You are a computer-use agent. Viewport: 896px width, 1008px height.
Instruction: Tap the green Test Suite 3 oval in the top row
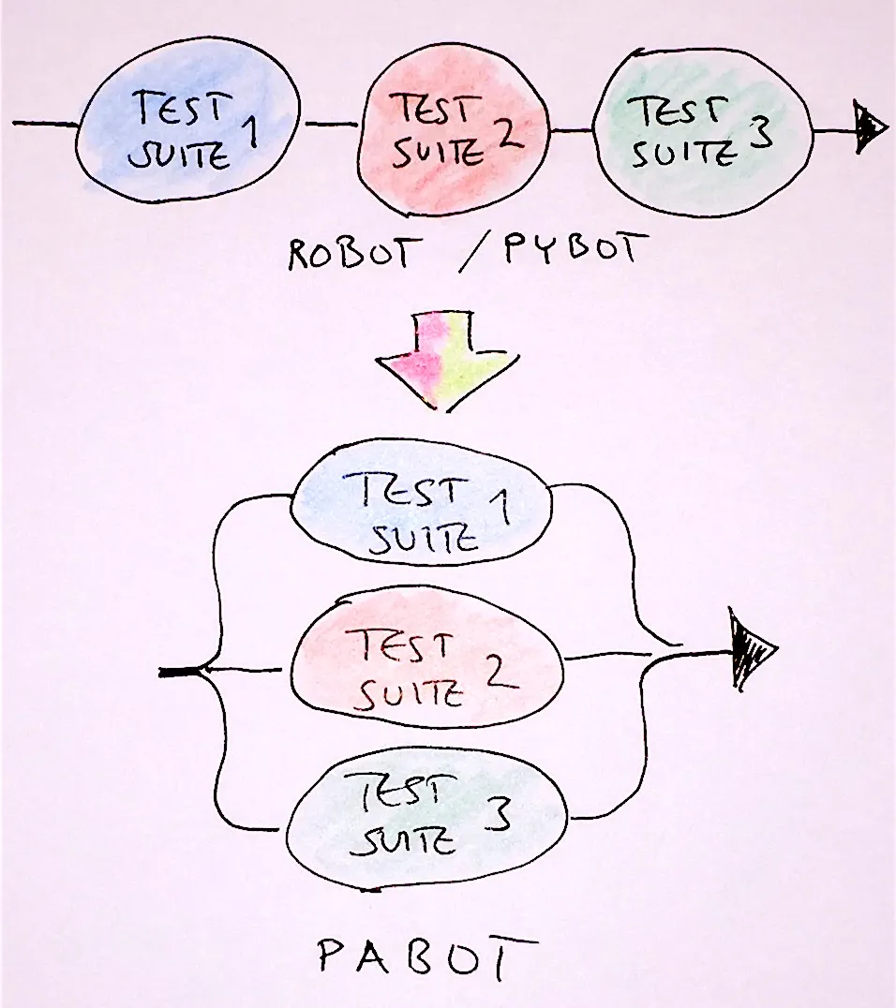coord(702,131)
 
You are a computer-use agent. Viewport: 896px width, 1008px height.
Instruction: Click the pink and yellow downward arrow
coord(447,360)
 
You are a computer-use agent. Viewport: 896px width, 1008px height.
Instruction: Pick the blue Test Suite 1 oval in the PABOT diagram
coord(422,503)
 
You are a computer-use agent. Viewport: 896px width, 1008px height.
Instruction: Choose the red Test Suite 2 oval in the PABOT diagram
coord(427,657)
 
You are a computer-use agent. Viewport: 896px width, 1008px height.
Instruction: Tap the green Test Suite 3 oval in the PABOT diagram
coord(426,818)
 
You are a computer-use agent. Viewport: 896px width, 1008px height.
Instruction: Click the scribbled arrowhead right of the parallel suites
coord(750,648)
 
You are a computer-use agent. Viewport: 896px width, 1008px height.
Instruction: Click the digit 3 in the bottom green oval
coord(499,814)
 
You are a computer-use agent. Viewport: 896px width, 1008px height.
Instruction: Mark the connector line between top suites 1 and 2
coord(331,124)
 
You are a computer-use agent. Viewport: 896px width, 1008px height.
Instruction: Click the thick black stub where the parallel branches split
coord(180,672)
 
